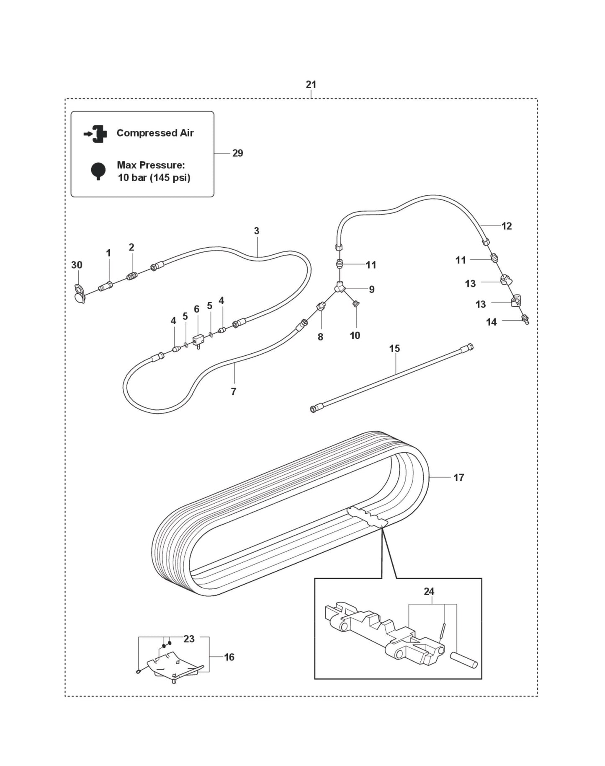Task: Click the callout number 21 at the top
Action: click(311, 85)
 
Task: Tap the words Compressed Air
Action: click(155, 133)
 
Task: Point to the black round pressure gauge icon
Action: click(98, 171)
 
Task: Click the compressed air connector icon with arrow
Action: click(96, 134)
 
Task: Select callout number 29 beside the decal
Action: click(237, 153)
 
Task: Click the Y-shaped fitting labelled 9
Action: click(340, 287)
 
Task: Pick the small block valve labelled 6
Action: click(198, 339)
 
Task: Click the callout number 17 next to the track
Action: click(458, 477)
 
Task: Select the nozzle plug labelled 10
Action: click(355, 303)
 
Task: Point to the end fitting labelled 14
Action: click(525, 320)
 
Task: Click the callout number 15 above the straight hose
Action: click(394, 349)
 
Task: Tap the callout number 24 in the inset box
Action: click(429, 591)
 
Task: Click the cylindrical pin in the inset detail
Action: click(463, 660)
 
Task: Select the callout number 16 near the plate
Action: click(229, 657)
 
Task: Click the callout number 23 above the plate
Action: click(189, 639)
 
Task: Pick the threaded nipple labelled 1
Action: click(106, 287)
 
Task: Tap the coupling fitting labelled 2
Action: click(132, 276)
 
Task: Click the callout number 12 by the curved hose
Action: click(506, 226)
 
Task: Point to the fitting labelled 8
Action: click(321, 306)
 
